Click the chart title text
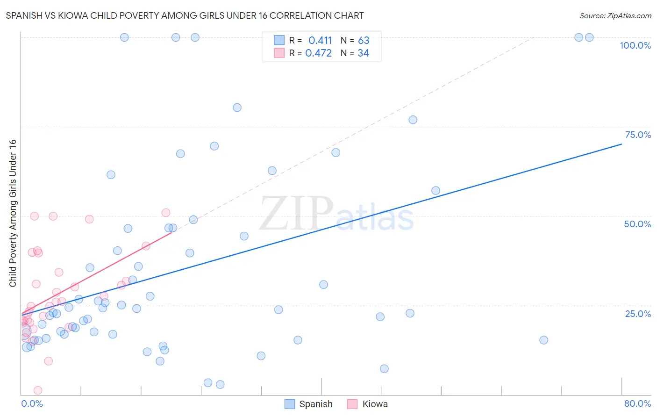(x=185, y=15)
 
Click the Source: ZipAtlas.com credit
(x=615, y=15)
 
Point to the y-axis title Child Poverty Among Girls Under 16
(x=13, y=213)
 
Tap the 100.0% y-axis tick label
(x=635, y=45)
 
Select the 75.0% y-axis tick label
(x=637, y=135)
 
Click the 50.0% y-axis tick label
(x=637, y=224)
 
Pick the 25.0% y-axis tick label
(x=637, y=314)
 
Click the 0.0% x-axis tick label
(x=32, y=403)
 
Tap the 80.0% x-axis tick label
(x=637, y=403)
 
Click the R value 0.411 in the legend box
(x=320, y=41)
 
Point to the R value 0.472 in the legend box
(x=318, y=53)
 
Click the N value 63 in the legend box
(x=364, y=41)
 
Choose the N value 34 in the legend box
(x=363, y=53)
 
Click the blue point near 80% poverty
(x=237, y=108)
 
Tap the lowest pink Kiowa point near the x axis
(x=38, y=390)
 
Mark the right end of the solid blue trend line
(x=621, y=144)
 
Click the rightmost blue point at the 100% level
(x=589, y=37)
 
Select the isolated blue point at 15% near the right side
(x=543, y=340)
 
